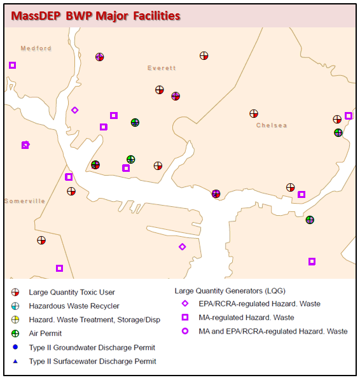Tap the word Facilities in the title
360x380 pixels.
152,15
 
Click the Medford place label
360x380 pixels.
36,48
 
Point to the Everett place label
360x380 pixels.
162,68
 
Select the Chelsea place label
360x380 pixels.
272,125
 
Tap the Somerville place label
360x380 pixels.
25,201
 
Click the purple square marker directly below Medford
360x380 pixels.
12,65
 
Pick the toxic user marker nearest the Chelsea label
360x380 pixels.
254,114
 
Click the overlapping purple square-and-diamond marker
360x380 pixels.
25,145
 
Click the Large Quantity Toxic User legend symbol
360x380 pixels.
15,293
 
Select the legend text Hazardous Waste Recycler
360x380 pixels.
74,306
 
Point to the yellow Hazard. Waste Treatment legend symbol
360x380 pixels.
15,320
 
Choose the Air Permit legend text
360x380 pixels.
45,333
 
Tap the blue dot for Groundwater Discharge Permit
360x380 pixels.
15,348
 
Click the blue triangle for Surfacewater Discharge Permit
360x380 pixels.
15,361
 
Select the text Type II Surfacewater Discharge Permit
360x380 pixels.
92,361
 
